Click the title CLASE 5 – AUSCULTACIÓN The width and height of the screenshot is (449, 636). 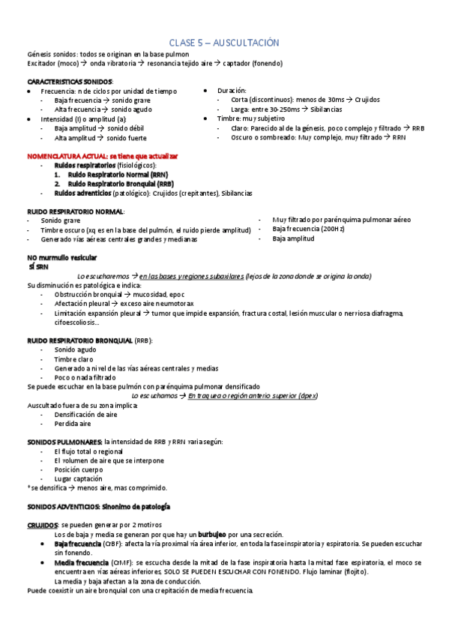tap(224, 44)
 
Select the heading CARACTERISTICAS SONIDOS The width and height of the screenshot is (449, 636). tap(60, 81)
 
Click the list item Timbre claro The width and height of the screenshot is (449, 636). tap(73, 359)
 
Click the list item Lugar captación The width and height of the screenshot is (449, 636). tap(80, 478)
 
